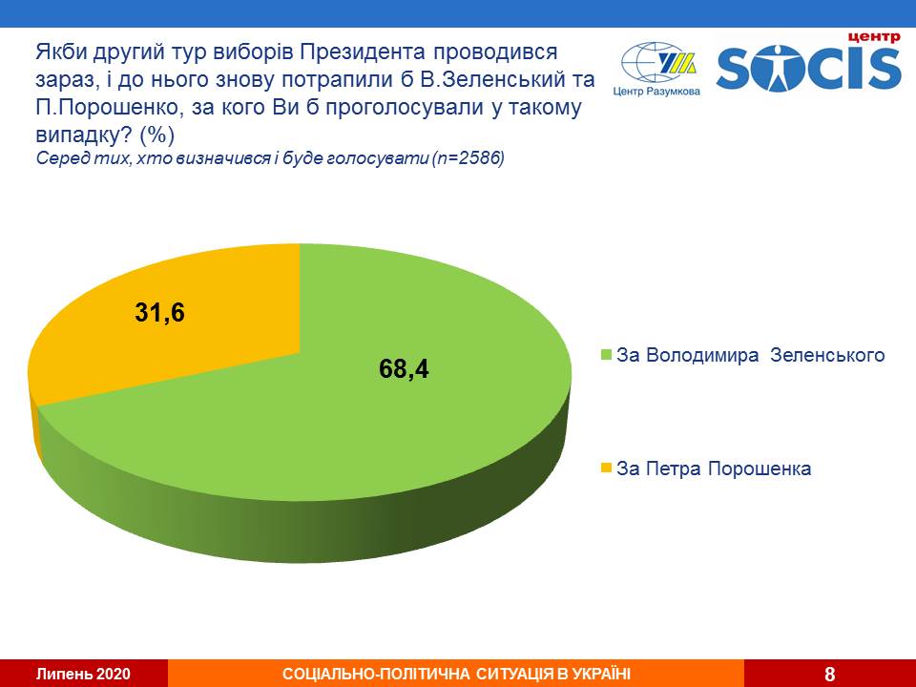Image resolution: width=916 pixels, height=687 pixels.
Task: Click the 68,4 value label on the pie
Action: (x=405, y=368)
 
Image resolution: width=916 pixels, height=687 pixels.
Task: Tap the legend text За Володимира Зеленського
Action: (x=751, y=356)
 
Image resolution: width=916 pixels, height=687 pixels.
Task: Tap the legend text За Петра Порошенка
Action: (x=714, y=468)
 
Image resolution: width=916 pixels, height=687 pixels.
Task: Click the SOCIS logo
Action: (x=808, y=68)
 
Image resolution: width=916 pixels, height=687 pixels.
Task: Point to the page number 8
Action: (x=829, y=674)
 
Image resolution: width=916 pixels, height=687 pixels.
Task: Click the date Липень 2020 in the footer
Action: (x=83, y=674)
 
